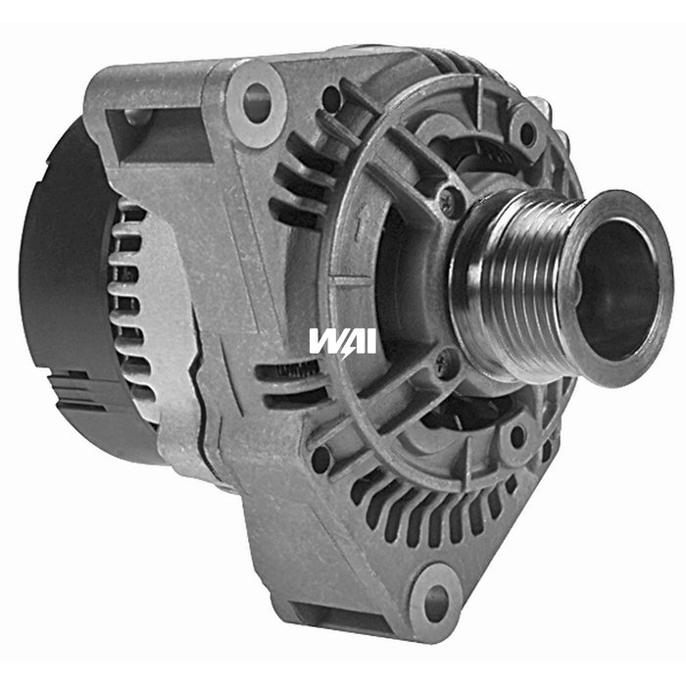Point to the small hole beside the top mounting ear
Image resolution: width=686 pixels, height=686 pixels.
pos(331,98)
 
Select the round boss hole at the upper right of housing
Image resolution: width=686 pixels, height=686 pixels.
pos(527,134)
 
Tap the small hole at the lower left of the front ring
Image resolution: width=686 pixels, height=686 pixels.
pos(320,458)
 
